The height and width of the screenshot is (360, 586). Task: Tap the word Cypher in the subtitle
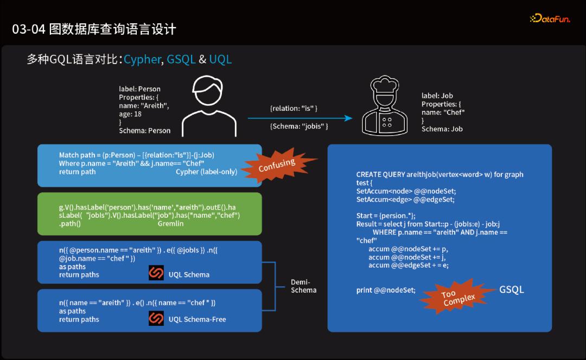click(142, 59)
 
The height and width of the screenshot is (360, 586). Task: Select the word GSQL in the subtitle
click(181, 59)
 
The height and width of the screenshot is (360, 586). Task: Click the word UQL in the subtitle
click(220, 59)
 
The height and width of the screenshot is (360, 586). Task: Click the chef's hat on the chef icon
click(387, 86)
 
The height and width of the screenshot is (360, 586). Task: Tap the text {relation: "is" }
click(294, 109)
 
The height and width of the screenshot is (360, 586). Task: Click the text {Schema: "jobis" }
click(299, 127)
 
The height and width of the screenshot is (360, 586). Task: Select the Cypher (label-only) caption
click(206, 172)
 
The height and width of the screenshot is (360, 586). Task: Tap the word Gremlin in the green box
click(170, 223)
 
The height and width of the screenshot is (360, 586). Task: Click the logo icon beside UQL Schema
click(156, 273)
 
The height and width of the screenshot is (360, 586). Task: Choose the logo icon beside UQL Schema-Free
click(156, 318)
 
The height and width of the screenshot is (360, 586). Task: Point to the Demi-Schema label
click(303, 286)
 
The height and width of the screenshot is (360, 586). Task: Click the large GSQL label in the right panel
click(511, 289)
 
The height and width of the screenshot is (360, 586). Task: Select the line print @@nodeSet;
click(386, 290)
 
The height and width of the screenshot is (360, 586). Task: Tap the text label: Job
click(437, 96)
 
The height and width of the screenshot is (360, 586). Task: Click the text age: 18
click(130, 114)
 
